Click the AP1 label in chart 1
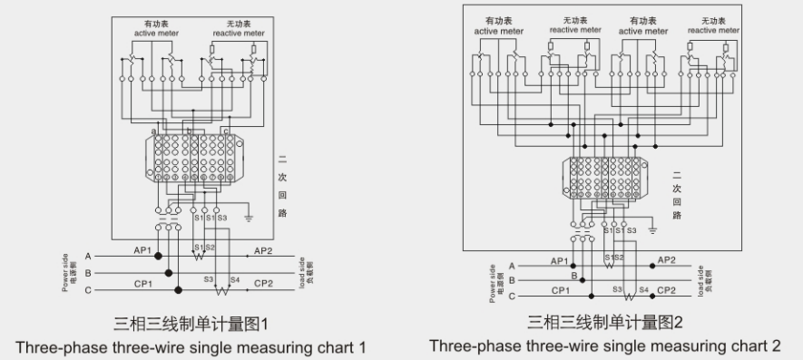[143, 250]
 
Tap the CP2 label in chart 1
[263, 283]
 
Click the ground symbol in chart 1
[248, 218]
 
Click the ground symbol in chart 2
[652, 229]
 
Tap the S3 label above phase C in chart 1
[208, 280]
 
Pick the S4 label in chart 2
[643, 289]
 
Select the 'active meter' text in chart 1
[158, 33]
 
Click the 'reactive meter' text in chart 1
[240, 33]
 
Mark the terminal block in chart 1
[195, 160]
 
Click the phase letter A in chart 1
[89, 256]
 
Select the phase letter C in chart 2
[512, 296]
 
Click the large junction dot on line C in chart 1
[179, 290]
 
